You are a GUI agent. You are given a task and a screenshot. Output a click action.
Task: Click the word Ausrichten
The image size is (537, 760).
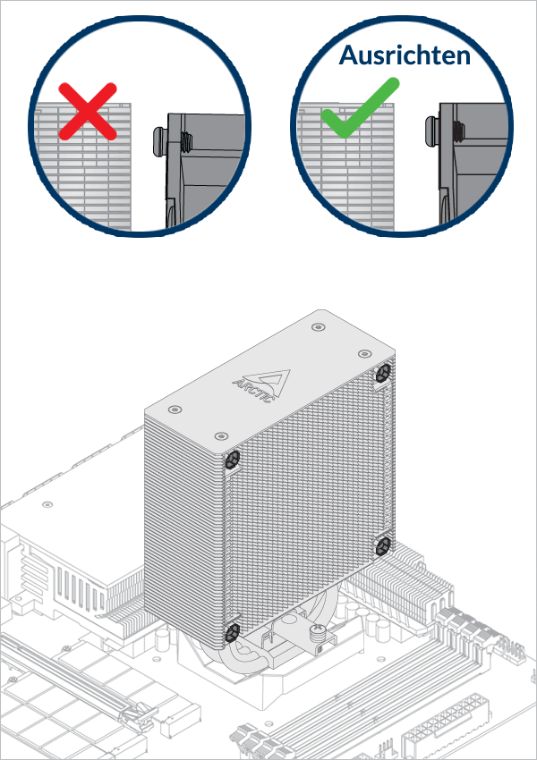coord(405,55)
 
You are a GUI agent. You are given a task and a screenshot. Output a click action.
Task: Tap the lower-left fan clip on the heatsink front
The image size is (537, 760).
coord(232,631)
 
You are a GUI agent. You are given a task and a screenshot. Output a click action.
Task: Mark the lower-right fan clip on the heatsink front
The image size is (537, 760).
coord(383,545)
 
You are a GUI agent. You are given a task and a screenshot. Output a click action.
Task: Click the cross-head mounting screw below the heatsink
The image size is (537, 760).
coord(317,635)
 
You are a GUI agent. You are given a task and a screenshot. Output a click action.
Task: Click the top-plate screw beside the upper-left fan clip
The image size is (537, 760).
coord(220,436)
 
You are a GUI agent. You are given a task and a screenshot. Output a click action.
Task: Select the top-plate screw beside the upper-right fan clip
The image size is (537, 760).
coord(365,356)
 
